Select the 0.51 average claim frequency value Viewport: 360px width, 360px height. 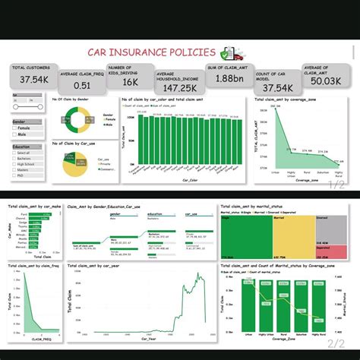(x=81, y=84)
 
